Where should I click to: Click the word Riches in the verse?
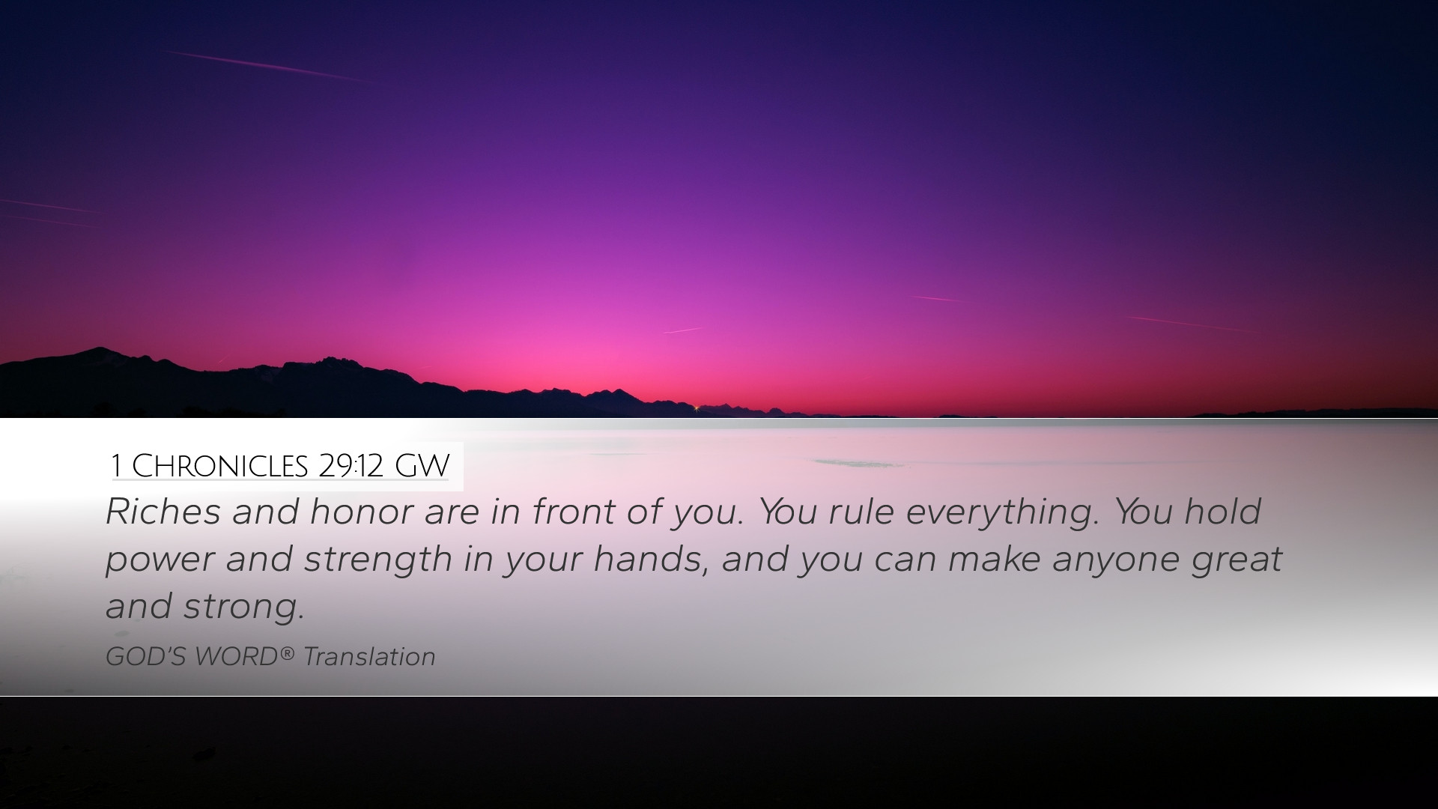163,512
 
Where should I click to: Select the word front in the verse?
574,512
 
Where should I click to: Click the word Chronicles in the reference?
219,466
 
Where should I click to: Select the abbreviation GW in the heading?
422,466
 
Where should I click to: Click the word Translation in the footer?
369,657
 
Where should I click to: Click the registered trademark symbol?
288,653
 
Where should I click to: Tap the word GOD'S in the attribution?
146,657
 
